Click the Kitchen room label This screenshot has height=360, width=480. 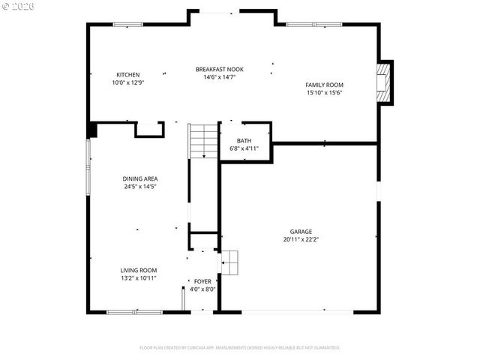(127, 74)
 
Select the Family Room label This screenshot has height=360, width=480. (324, 85)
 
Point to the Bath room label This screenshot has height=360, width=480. (244, 141)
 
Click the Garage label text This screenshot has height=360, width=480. (301, 232)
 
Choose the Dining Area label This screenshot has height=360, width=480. (139, 178)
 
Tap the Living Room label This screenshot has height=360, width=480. (139, 270)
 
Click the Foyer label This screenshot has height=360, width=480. (202, 281)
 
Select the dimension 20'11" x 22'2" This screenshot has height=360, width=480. (301, 240)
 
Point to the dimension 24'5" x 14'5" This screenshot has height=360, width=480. (139, 187)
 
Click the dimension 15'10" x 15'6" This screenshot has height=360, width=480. (324, 93)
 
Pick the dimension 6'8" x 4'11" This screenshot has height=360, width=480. (244, 148)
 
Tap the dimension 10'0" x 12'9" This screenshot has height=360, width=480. (127, 82)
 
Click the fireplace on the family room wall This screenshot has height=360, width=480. (384, 82)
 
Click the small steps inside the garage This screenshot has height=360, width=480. (229, 262)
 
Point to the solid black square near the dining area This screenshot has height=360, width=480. (92, 130)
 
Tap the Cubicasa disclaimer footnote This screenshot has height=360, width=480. (240, 347)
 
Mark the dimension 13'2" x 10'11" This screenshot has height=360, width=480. (139, 277)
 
